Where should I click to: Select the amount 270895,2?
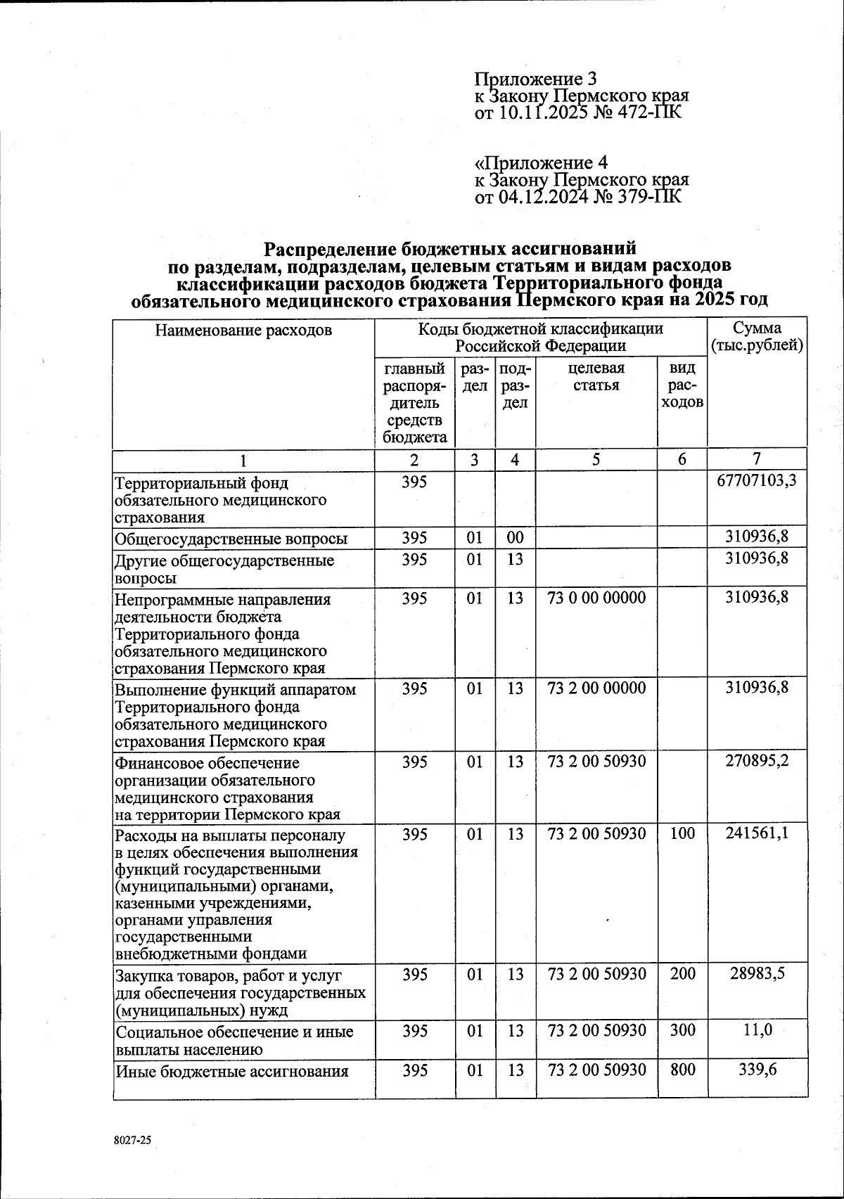point(756,762)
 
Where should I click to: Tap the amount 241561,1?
point(756,833)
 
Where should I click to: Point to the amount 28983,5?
point(756,974)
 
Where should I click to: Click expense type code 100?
point(682,833)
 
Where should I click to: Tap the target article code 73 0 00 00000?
point(596,598)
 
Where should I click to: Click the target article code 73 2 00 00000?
point(596,688)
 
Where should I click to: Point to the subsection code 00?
point(515,538)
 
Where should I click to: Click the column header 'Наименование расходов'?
point(243,330)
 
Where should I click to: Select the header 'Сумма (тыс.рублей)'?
point(757,337)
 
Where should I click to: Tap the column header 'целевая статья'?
point(596,377)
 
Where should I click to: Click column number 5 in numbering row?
point(596,460)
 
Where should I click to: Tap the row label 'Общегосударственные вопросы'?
point(231,539)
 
